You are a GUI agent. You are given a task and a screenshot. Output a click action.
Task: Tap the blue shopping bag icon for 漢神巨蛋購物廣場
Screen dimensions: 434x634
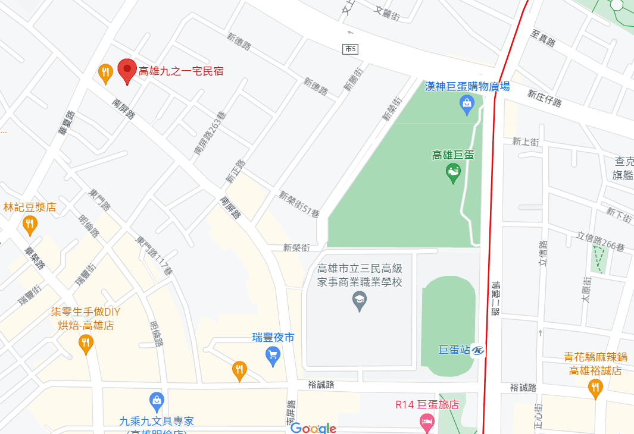tap(467, 105)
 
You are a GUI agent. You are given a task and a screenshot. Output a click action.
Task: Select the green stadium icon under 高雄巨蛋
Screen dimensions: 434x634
tap(453, 173)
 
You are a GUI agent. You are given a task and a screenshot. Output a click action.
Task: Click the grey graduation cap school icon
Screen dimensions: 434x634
tap(360, 301)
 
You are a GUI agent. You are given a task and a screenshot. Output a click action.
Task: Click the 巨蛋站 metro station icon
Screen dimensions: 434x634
tap(479, 351)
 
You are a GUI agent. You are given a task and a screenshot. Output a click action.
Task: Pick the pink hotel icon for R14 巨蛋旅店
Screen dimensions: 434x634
tap(427, 423)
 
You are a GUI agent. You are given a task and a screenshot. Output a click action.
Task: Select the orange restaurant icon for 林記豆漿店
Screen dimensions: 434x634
tap(30, 225)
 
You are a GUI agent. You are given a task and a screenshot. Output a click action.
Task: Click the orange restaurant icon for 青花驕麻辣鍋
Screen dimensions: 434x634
tap(595, 388)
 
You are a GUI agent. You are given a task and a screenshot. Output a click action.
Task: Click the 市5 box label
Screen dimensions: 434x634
tap(351, 49)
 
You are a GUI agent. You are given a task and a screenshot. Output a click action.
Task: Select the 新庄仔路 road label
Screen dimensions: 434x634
tap(545, 98)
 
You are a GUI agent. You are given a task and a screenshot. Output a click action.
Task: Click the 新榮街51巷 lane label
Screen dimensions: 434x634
tap(299, 203)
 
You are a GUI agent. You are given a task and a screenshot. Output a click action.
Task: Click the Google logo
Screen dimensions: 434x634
tap(313, 428)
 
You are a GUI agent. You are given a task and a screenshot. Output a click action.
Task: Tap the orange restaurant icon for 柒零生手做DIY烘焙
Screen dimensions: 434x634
tap(86, 344)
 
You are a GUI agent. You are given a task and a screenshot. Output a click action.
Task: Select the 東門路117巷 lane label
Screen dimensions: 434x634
tap(154, 256)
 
